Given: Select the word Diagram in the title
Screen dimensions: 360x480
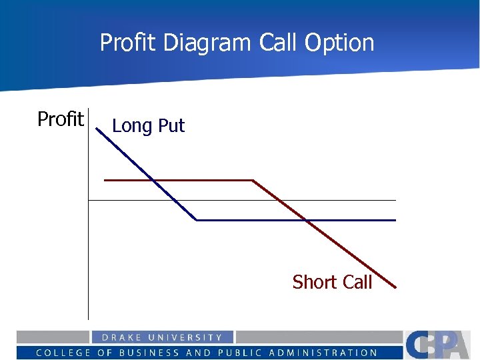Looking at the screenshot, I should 206,43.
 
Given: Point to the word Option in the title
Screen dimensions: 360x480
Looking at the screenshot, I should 339,43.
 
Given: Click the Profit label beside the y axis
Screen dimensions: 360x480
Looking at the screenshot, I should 60,119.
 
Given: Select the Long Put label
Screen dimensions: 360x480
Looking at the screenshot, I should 148,126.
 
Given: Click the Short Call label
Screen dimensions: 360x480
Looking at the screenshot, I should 332,282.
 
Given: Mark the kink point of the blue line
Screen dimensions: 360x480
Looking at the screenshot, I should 196,220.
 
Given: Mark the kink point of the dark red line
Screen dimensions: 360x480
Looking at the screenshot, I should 253,180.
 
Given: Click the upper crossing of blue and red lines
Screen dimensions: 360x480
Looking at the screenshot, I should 153,180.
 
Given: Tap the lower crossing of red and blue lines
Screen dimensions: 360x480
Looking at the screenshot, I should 305,220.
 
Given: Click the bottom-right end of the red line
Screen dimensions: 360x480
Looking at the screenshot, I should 395,287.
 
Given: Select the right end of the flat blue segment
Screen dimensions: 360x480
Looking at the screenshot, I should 395,220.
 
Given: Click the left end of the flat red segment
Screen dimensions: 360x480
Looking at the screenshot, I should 105,180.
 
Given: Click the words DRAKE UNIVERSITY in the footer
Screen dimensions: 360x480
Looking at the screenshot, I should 162,337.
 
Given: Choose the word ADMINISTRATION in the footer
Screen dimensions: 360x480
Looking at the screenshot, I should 325,353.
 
